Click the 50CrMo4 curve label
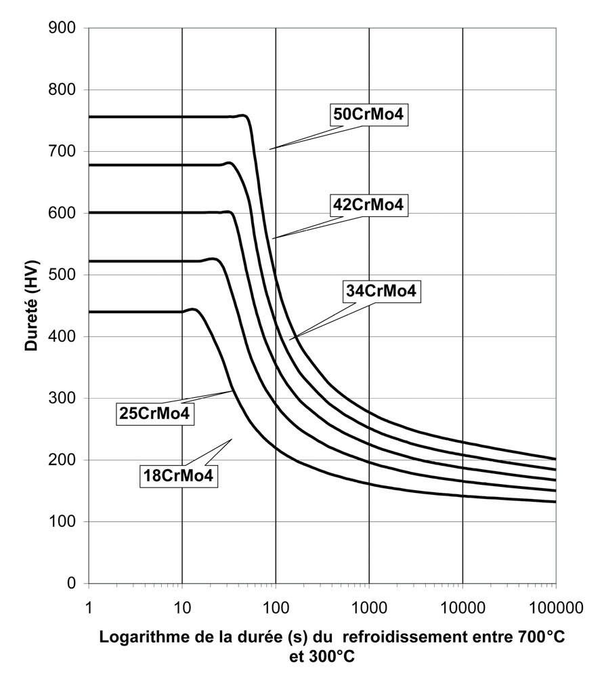368,115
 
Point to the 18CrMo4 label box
179,475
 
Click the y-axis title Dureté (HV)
31,305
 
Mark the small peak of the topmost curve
243,116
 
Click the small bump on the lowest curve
194,309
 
